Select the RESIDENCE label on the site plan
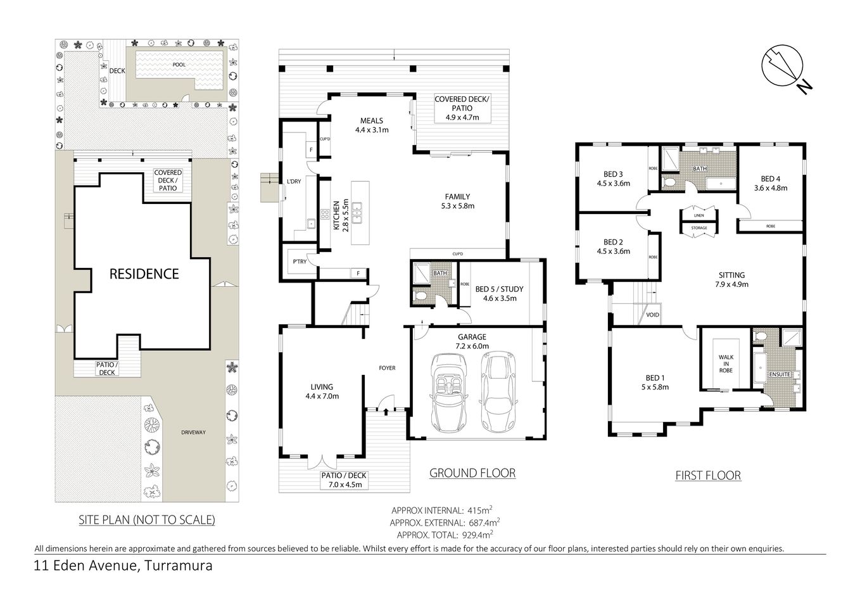[144, 274]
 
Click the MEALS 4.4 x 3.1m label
[371, 125]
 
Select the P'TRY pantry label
[300, 262]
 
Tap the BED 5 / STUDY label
[500, 294]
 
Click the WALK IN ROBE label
[726, 363]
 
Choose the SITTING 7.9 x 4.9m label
[731, 279]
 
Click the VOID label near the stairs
[652, 315]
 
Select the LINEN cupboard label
[699, 215]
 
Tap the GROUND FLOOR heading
[472, 472]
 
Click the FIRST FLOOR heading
[707, 475]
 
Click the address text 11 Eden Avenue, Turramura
[123, 566]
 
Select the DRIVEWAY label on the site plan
[193, 433]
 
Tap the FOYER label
[387, 368]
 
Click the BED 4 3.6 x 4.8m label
[770, 183]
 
